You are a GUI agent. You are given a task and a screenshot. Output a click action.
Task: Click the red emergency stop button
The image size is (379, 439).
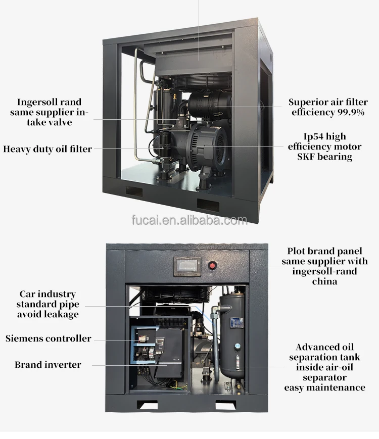[212, 265]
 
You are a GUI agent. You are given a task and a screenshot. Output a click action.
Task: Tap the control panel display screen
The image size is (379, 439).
[187, 266]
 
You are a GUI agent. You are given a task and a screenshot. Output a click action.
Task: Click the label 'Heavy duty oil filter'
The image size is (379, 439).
[48, 149]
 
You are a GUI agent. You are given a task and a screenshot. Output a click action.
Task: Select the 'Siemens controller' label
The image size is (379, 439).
[48, 338]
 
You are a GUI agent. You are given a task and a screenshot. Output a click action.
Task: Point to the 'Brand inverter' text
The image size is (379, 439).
[48, 365]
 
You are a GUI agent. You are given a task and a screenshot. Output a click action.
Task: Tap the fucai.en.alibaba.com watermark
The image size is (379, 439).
[189, 220]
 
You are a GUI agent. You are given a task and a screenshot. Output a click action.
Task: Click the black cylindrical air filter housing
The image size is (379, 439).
[209, 105]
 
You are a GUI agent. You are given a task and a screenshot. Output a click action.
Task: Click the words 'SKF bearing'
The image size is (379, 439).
[324, 157]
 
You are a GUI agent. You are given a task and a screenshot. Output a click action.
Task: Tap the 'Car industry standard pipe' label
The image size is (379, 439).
[48, 304]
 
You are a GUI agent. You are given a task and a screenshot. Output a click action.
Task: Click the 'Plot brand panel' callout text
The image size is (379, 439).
[324, 251]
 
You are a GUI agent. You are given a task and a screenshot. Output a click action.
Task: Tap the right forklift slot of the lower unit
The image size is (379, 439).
[225, 405]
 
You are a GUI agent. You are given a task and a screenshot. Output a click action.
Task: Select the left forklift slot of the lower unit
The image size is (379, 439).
[148, 405]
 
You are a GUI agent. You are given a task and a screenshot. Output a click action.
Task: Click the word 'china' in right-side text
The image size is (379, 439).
[324, 281]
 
